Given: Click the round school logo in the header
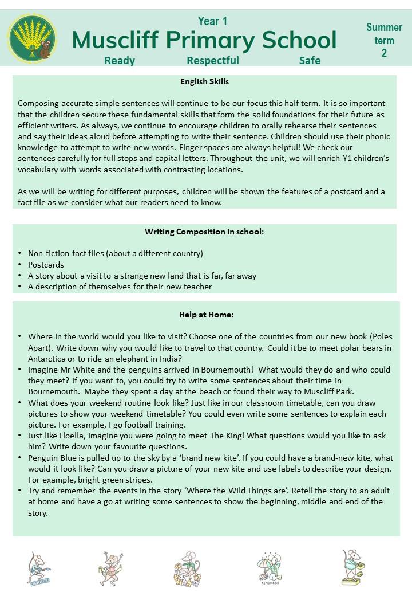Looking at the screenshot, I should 32,39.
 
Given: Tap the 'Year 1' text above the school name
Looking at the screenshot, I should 212,21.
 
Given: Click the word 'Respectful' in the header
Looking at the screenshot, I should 213,60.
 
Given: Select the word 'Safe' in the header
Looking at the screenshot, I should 310,60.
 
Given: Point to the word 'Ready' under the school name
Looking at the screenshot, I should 120,60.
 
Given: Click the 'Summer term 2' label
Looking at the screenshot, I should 384,40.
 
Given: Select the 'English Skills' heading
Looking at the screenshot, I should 204,81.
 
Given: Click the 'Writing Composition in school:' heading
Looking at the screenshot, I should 204,232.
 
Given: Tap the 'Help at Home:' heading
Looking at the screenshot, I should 206,315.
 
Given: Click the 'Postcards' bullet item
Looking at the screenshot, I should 46,265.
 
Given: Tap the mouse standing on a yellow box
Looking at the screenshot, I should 352,568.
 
